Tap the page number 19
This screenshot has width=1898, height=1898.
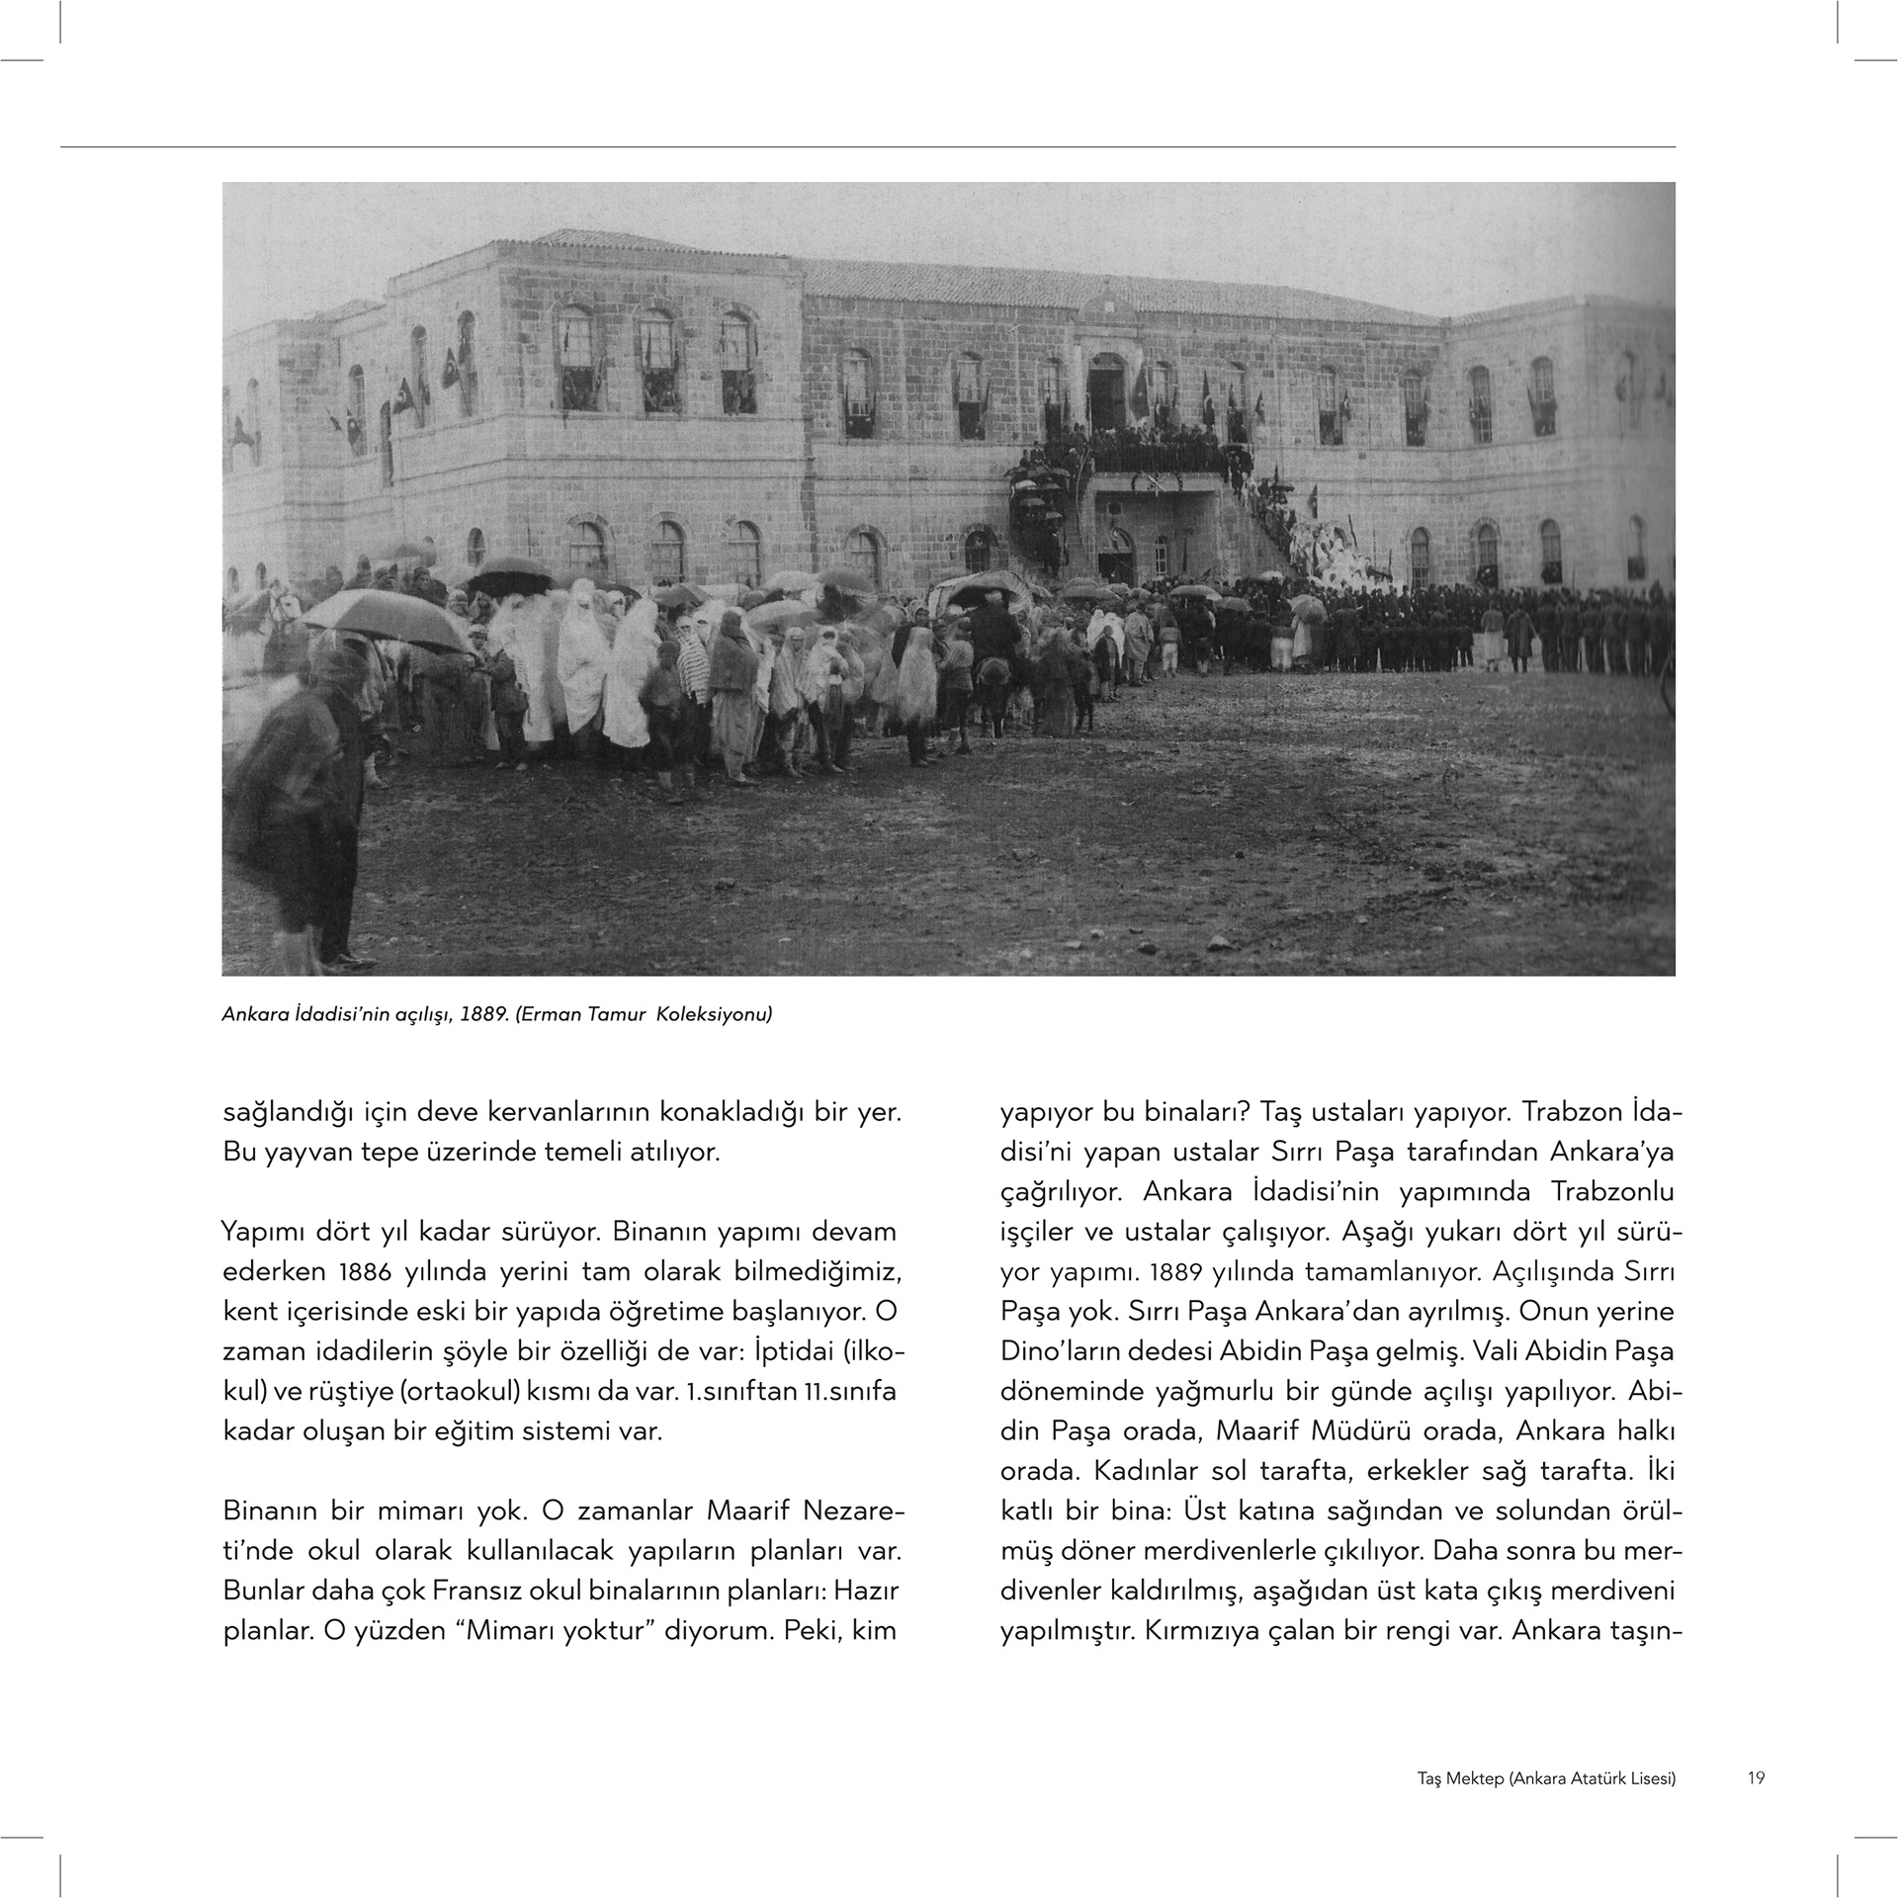click(1756, 1778)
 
